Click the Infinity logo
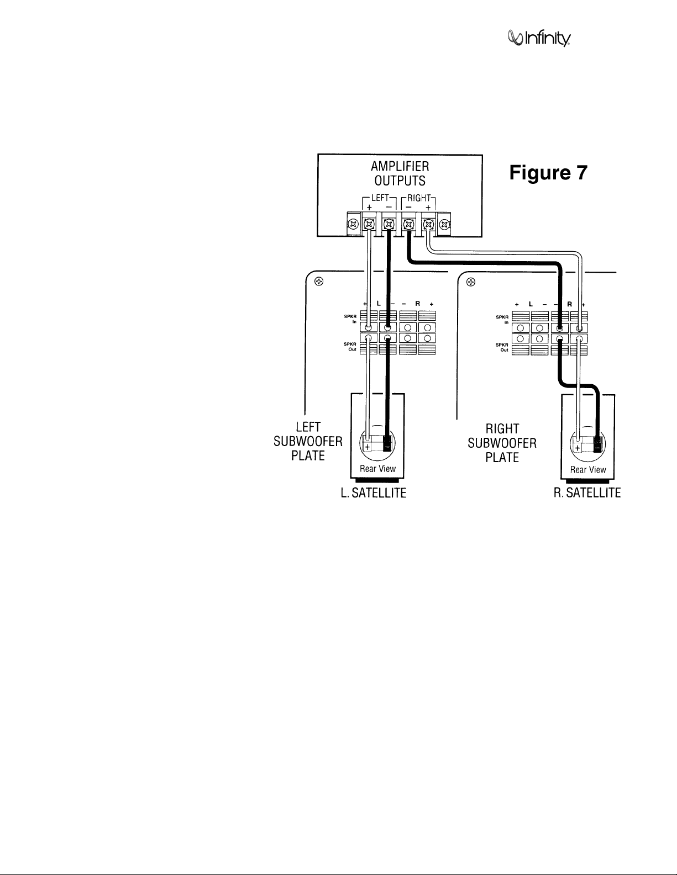[x=539, y=39]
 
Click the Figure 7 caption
[x=548, y=172]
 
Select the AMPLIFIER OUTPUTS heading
[x=400, y=173]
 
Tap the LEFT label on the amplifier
[x=380, y=198]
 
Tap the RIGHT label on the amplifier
[x=419, y=198]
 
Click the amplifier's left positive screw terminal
[x=369, y=224]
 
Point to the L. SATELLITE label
[x=374, y=493]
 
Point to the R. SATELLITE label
[x=587, y=493]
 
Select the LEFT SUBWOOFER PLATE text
[x=308, y=441]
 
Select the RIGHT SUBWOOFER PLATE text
[x=502, y=443]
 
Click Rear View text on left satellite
[x=377, y=469]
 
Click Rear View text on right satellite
[x=588, y=469]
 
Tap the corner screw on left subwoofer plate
[x=319, y=281]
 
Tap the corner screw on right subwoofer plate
[x=471, y=282]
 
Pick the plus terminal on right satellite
[x=578, y=448]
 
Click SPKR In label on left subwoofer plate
[x=350, y=319]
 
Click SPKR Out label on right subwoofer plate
[x=502, y=347]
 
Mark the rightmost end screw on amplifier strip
[x=444, y=224]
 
